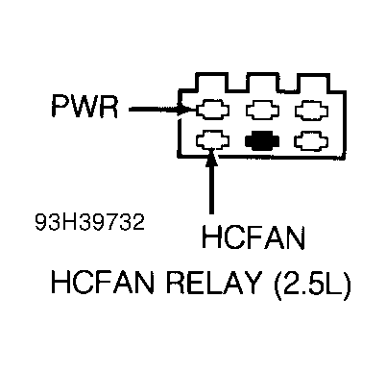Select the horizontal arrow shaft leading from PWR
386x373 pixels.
tap(149, 109)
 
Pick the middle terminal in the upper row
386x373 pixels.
tap(260, 110)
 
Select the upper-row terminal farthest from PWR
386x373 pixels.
tap(309, 110)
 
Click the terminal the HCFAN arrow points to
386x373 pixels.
tap(211, 142)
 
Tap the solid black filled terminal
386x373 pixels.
tap(260, 142)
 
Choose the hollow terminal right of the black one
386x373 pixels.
tap(309, 142)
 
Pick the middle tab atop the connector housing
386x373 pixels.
tap(260, 80)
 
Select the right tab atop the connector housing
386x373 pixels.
tap(309, 80)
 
